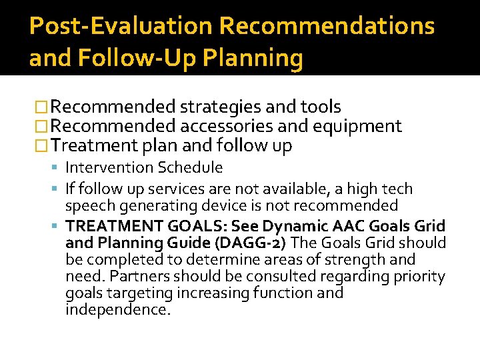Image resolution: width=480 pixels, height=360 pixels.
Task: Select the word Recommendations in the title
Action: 327,27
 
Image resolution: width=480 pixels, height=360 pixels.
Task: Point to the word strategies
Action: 221,107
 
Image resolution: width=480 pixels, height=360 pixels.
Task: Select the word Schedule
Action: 190,168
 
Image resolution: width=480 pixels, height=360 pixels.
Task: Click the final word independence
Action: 118,310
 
